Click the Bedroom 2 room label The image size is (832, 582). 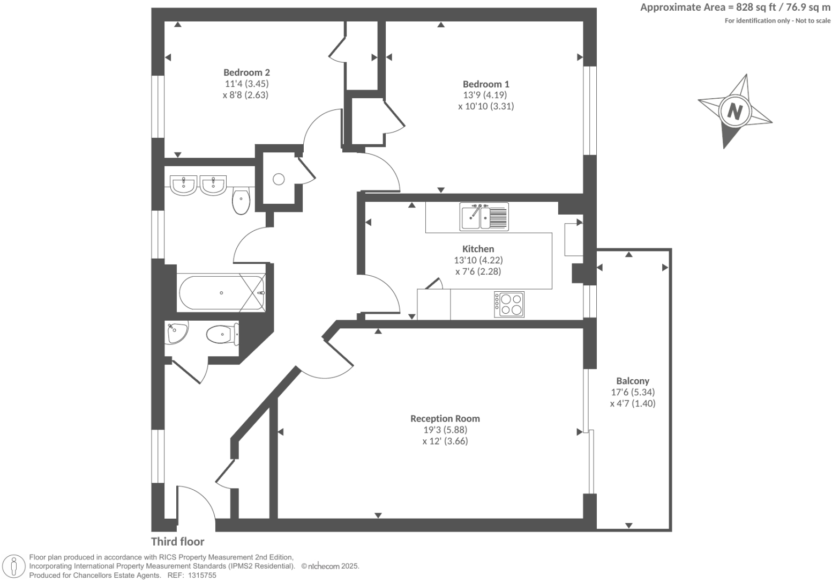[x=246, y=72]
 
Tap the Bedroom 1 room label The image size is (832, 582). [x=486, y=84]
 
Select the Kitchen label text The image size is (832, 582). [x=478, y=249]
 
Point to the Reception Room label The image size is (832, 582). [x=445, y=418]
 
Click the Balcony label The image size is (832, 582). [x=632, y=381]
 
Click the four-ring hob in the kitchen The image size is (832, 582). [x=509, y=304]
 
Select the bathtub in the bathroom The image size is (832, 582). [x=221, y=293]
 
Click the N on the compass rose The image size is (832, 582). [x=735, y=112]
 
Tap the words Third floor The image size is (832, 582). [x=177, y=542]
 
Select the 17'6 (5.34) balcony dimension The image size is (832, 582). [x=632, y=392]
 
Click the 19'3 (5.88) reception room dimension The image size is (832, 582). [x=445, y=430]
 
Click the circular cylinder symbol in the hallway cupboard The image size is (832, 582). [x=279, y=179]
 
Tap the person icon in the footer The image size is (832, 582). [x=14, y=566]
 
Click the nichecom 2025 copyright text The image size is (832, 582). [x=330, y=566]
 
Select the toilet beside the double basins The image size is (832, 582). [x=241, y=201]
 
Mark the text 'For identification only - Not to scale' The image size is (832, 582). [x=777, y=21]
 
